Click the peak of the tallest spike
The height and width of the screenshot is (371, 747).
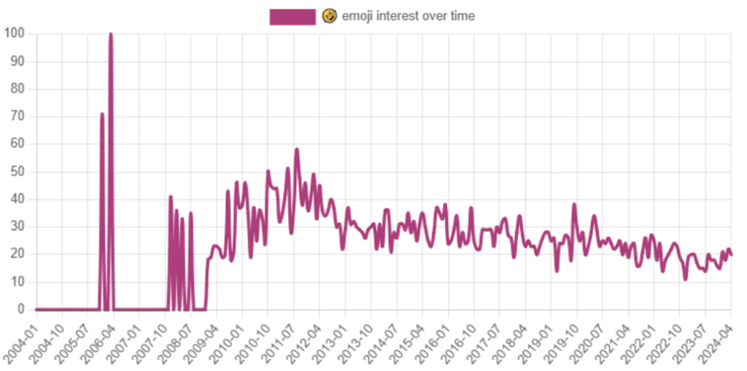click(x=109, y=33)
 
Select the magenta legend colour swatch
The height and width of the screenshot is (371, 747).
click(x=294, y=16)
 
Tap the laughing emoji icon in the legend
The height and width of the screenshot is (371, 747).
click(x=330, y=16)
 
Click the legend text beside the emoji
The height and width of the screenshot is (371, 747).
click(x=409, y=16)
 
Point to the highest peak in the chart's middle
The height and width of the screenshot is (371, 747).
click(x=297, y=148)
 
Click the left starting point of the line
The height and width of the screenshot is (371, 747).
click(x=35, y=308)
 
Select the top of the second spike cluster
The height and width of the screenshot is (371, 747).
click(x=171, y=195)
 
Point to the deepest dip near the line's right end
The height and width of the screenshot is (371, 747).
click(x=685, y=280)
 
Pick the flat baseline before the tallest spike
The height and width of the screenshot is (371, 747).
click(x=66, y=308)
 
